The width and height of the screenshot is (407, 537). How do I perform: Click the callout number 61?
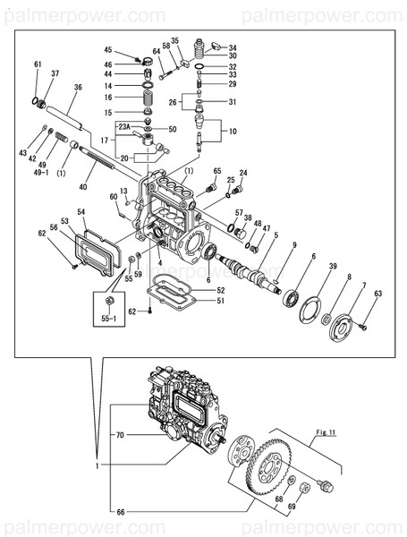coord(38,64)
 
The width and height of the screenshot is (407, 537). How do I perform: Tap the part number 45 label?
coord(108,50)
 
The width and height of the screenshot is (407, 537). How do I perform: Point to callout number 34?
coord(233,48)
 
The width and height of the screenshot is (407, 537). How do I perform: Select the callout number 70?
coord(119,436)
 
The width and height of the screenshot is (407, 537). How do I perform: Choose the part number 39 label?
coord(332,268)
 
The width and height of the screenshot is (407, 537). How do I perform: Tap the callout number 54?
coord(81,212)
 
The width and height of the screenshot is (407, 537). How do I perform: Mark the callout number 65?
coord(216,171)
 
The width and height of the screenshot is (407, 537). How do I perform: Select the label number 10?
coord(233,132)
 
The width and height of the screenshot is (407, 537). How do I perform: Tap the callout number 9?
coord(293,243)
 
